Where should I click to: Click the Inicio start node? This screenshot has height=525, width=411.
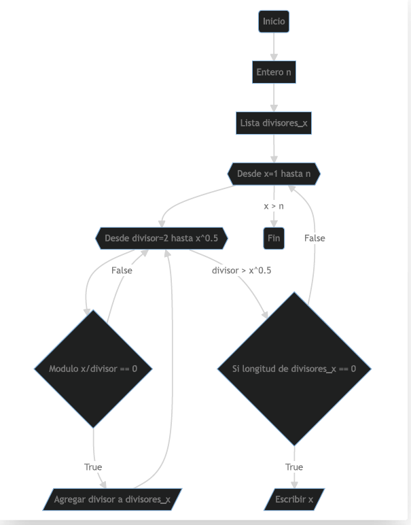point(274,22)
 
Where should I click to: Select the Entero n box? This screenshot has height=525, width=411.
point(274,72)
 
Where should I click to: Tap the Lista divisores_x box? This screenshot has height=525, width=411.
point(274,123)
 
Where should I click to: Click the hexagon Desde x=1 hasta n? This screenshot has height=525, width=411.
point(274,174)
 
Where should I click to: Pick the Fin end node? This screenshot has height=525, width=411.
point(274,239)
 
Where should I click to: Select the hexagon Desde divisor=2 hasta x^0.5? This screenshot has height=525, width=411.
point(161,239)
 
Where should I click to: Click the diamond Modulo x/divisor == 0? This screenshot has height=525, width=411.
point(93,369)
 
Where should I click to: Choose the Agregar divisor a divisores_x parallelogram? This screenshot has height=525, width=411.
point(113,499)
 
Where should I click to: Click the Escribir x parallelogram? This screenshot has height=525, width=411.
point(294,499)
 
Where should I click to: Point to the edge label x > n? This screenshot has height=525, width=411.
point(274,205)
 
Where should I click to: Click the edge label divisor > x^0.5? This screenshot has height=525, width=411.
point(241,270)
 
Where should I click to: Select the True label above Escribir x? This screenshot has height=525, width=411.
point(294,467)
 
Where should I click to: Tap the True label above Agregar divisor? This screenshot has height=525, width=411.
point(93,467)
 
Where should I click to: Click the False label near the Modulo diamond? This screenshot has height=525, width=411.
point(122,270)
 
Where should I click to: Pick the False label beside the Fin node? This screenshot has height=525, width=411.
point(315,238)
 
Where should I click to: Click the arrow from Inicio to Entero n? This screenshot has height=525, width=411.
point(274,46)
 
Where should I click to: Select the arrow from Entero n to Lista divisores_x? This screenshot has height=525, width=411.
point(274,97)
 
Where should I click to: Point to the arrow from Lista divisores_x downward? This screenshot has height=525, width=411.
point(274,148)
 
